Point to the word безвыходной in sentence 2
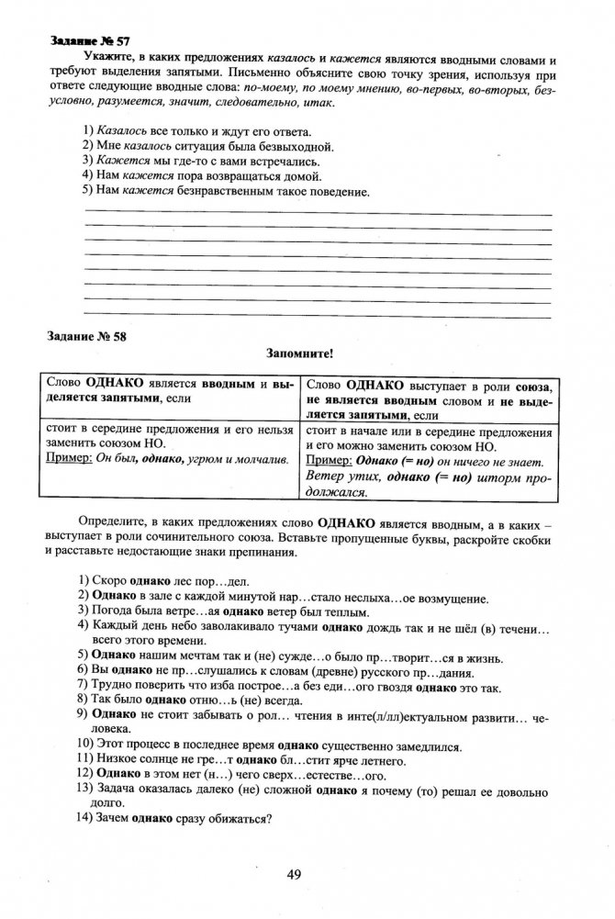293,146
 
